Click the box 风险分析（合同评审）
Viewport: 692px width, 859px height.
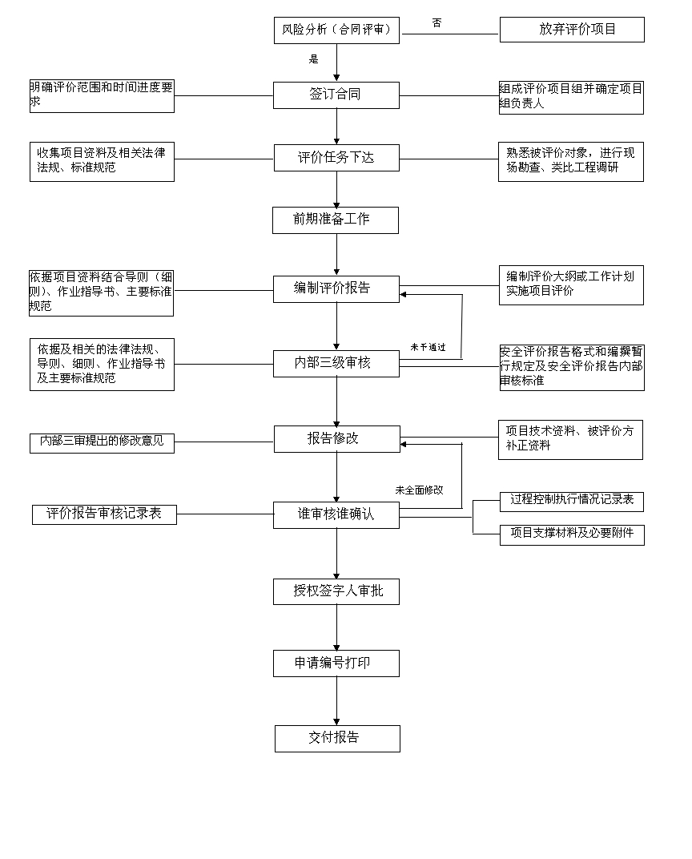pos(336,30)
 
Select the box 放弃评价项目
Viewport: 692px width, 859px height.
pos(572,30)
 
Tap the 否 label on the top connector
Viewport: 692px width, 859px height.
pos(437,23)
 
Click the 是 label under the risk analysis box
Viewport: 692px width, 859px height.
pos(313,58)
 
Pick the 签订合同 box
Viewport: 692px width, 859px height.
pos(336,95)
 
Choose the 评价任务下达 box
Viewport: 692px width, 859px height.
pos(336,158)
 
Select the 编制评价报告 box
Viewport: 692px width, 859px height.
pos(336,288)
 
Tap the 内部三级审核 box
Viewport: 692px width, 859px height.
pos(336,363)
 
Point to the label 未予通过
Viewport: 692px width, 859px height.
pos(428,347)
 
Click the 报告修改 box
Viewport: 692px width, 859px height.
pos(336,438)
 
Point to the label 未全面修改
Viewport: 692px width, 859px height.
pos(419,490)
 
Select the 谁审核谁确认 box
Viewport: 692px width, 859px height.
pos(336,514)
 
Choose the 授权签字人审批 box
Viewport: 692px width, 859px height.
pos(336,591)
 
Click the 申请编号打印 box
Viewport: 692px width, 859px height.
pos(336,663)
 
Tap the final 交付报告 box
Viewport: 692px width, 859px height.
pos(337,738)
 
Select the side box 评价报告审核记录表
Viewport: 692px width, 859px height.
pos(104,514)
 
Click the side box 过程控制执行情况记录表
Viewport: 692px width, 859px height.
pos(572,500)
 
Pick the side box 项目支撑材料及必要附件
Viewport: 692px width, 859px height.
pos(572,533)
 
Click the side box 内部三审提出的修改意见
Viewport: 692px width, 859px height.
pos(102,441)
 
